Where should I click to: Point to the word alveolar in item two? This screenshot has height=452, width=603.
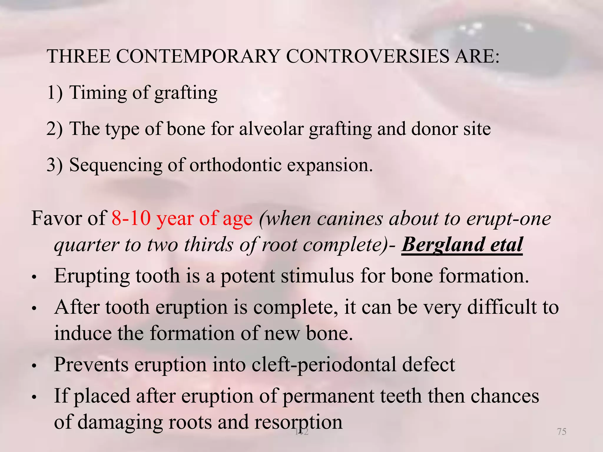click(x=271, y=129)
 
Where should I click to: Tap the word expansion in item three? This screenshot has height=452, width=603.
click(x=330, y=165)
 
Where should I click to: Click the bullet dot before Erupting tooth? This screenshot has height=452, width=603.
click(x=34, y=277)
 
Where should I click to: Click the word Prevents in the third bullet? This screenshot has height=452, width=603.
click(x=91, y=365)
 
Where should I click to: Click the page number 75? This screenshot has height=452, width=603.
click(x=562, y=431)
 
